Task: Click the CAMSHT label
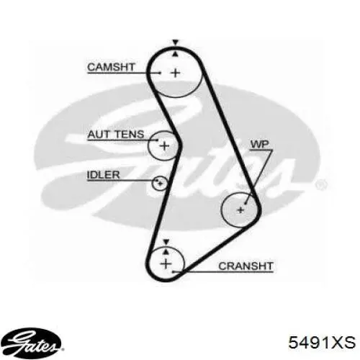tap(111, 67)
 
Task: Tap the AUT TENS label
tap(116, 134)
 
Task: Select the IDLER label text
tap(103, 175)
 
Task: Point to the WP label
tap(260, 144)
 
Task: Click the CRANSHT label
tap(246, 266)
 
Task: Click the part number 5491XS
tap(322, 342)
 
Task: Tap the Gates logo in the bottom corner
tap(32, 342)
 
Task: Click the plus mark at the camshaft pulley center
tap(176, 73)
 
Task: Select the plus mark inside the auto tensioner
tap(165, 145)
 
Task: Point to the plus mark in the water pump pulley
tap(240, 210)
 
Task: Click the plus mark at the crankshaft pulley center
tap(166, 264)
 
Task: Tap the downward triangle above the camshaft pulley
tap(176, 42)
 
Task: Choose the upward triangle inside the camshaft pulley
tap(176, 54)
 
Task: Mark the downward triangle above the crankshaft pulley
tap(166, 242)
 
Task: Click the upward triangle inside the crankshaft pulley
tap(166, 251)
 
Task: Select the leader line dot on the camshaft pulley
tap(160, 73)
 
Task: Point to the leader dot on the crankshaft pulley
tap(174, 272)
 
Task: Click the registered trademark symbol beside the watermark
tap(321, 184)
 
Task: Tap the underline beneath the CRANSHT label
tap(223, 272)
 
